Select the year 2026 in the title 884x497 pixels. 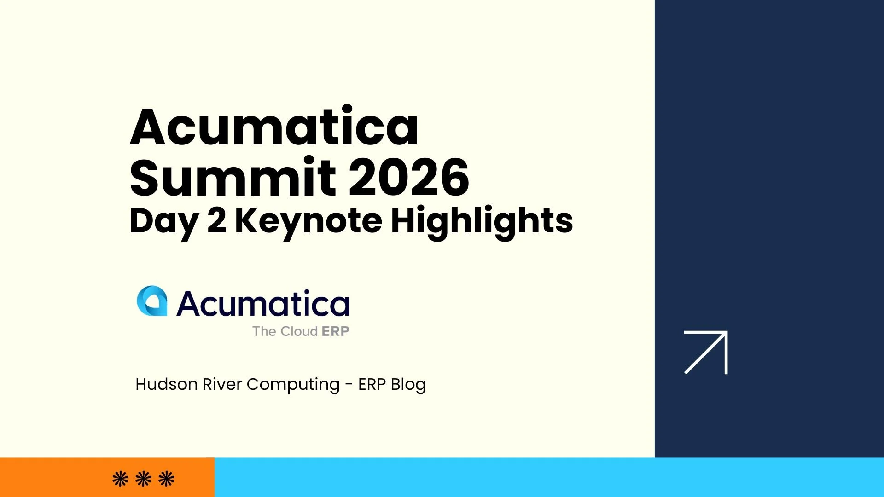(x=409, y=177)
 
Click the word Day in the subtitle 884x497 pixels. (x=164, y=221)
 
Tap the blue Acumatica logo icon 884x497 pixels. (x=152, y=301)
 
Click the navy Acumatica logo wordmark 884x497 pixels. (x=263, y=304)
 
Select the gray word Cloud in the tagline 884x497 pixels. (x=299, y=331)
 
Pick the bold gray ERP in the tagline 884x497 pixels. (x=335, y=331)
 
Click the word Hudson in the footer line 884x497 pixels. (x=166, y=384)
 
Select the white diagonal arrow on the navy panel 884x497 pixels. (x=706, y=352)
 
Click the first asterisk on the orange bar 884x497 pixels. (x=121, y=479)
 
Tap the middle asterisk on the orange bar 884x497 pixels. (x=144, y=479)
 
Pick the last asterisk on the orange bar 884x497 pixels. (x=166, y=479)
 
